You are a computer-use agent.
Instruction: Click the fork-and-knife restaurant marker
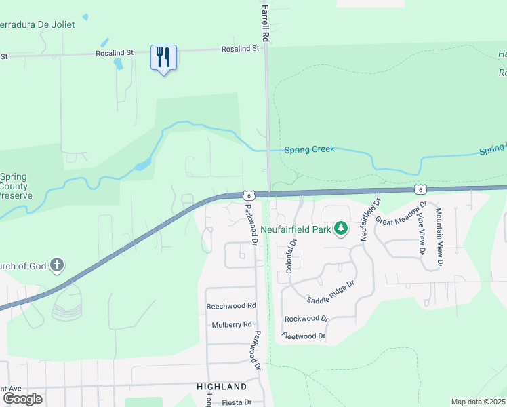pyautogui.click(x=163, y=58)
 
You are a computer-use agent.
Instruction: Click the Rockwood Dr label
pyautogui.click(x=306, y=318)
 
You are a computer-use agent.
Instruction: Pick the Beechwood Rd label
pyautogui.click(x=231, y=307)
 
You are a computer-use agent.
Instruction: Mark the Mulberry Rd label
pyautogui.click(x=231, y=324)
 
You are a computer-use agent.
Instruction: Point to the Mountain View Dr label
pyautogui.click(x=439, y=236)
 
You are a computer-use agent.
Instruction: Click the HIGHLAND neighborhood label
pyautogui.click(x=222, y=387)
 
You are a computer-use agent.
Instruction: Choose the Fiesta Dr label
pyautogui.click(x=236, y=402)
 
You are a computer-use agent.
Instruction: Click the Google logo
pyautogui.click(x=22, y=398)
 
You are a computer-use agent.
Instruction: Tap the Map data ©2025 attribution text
pyautogui.click(x=478, y=402)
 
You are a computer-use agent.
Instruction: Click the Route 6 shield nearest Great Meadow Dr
pyautogui.click(x=421, y=188)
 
